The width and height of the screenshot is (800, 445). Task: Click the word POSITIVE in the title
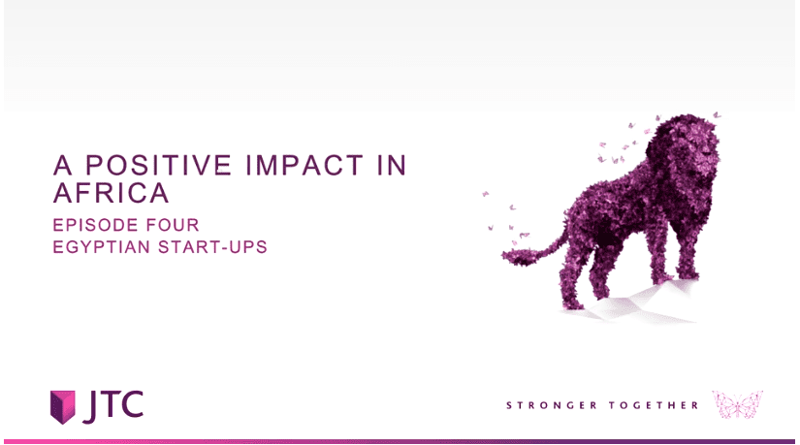[158, 165]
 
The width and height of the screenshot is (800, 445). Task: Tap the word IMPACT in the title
[304, 165]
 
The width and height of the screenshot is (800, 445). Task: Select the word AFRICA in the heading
[111, 192]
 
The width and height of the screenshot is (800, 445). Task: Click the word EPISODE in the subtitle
[95, 225]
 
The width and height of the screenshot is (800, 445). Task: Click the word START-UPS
[212, 246]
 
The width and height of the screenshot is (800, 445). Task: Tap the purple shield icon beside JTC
[63, 407]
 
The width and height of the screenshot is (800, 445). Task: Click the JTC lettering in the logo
[112, 407]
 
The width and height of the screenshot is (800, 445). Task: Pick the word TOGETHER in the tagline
[654, 405]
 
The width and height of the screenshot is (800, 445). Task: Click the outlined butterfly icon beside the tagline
[737, 404]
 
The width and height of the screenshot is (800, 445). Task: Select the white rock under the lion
[632, 303]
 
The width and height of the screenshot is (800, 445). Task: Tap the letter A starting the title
[62, 165]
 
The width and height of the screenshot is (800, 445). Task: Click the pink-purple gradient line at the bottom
[400, 441]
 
